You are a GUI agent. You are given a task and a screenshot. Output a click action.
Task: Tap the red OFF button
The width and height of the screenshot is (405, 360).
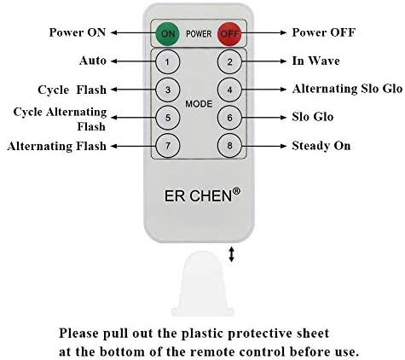pyautogui.click(x=229, y=34)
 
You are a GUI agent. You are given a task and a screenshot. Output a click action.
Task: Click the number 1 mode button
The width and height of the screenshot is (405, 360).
pyautogui.click(x=168, y=61)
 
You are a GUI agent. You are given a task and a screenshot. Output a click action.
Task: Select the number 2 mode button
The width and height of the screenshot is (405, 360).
pyautogui.click(x=229, y=61)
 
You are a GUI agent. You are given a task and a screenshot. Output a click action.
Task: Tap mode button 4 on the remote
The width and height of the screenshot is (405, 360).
pyautogui.click(x=229, y=90)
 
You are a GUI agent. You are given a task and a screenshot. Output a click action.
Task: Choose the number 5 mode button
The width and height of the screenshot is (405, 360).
pyautogui.click(x=168, y=118)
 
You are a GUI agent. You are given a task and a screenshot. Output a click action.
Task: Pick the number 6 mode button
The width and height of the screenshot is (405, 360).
pyautogui.click(x=229, y=118)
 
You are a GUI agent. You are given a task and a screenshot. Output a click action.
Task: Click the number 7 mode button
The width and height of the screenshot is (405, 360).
pyautogui.click(x=168, y=146)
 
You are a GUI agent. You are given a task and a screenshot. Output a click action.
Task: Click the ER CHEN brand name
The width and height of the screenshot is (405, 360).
pyautogui.click(x=199, y=196)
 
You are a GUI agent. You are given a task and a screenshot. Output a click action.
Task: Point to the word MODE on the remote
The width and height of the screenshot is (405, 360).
pyautogui.click(x=199, y=104)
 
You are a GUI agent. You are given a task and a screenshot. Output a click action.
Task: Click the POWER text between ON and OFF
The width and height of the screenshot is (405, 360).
pyautogui.click(x=199, y=34)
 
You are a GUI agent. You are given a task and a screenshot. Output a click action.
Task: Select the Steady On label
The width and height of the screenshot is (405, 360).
pyautogui.click(x=321, y=146)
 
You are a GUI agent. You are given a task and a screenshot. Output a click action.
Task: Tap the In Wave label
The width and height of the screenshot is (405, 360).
pyautogui.click(x=315, y=61)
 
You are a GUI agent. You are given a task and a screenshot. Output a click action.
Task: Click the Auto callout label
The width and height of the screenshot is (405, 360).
pyautogui.click(x=93, y=61)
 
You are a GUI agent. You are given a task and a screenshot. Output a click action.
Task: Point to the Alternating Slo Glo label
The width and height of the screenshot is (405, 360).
pyautogui.click(x=347, y=89)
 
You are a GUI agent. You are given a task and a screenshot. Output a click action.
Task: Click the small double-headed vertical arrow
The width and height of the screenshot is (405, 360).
pyautogui.click(x=232, y=254)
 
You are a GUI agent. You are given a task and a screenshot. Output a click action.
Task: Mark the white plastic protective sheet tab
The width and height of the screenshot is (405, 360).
pyautogui.click(x=203, y=283)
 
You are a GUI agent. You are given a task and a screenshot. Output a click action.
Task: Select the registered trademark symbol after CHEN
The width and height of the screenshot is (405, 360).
pyautogui.click(x=236, y=191)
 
